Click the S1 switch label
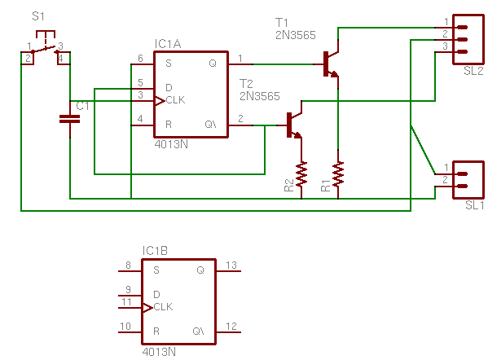pyautogui.click(x=38, y=16)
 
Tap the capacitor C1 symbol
pyautogui.click(x=70, y=119)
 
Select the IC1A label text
pyautogui.click(x=168, y=44)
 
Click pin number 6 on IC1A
pyautogui.click(x=140, y=58)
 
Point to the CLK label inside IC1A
pyautogui.click(x=175, y=100)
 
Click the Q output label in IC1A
pyautogui.click(x=213, y=64)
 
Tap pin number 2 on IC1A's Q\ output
pyautogui.click(x=240, y=119)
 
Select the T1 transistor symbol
pyautogui.click(x=331, y=64)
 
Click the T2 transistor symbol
pyautogui.click(x=294, y=125)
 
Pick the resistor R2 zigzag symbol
pyautogui.click(x=301, y=174)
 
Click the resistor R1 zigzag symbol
pyautogui.click(x=338, y=174)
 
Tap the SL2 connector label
pyautogui.click(x=473, y=71)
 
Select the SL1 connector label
pyautogui.click(x=475, y=205)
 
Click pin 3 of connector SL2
pyautogui.click(x=462, y=52)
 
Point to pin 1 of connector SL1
pyautogui.click(x=462, y=174)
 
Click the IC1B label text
pyautogui.click(x=155, y=251)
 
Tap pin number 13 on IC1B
pyautogui.click(x=231, y=265)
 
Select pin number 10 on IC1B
pyautogui.click(x=125, y=326)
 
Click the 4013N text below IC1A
pyautogui.click(x=171, y=144)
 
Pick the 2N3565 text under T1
pyautogui.click(x=296, y=35)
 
